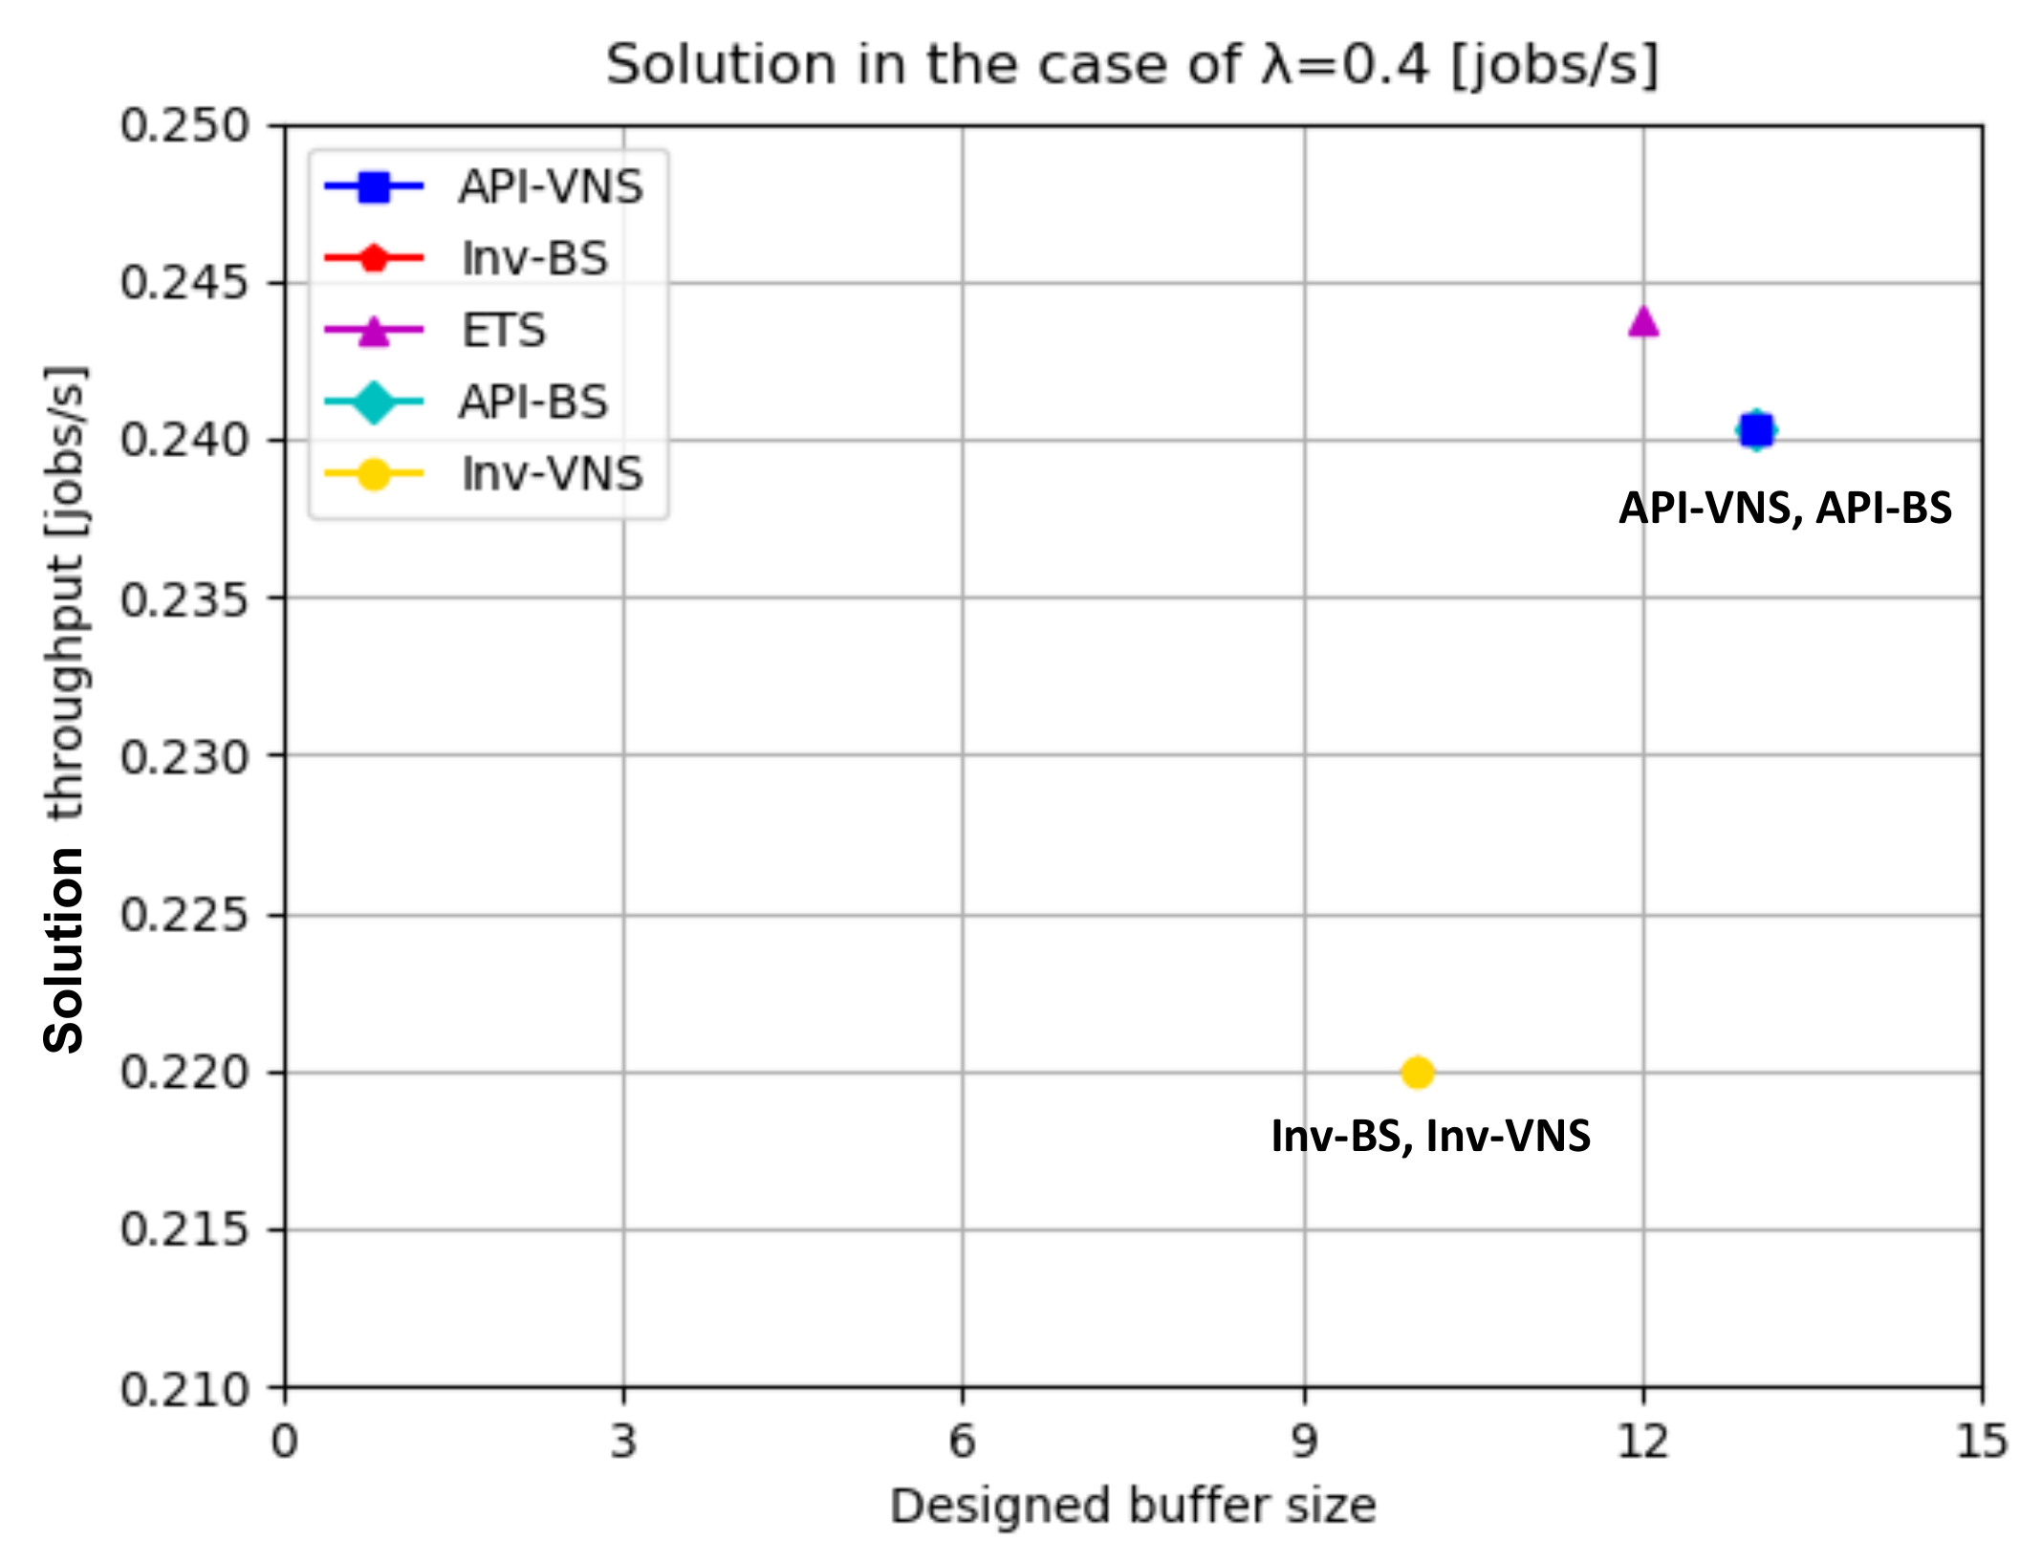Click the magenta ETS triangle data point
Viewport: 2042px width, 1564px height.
(x=1642, y=322)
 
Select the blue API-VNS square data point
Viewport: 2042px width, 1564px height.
(x=1756, y=430)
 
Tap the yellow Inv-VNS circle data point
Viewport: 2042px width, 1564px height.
(x=1417, y=1073)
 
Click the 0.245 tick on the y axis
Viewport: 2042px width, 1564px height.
(x=184, y=283)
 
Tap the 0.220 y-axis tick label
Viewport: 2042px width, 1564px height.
(x=184, y=1073)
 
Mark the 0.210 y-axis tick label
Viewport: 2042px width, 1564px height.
(x=184, y=1389)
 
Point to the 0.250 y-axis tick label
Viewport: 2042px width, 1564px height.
(x=184, y=126)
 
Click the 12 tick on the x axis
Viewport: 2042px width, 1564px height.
(x=1642, y=1440)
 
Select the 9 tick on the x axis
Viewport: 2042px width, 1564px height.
(x=1304, y=1440)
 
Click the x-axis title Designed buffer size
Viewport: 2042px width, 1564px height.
(x=1133, y=1507)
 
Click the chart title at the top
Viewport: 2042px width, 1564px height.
(x=1133, y=65)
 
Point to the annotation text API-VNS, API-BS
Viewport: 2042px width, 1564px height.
(x=1785, y=508)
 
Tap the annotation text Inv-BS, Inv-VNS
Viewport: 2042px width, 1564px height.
(x=1430, y=1136)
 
